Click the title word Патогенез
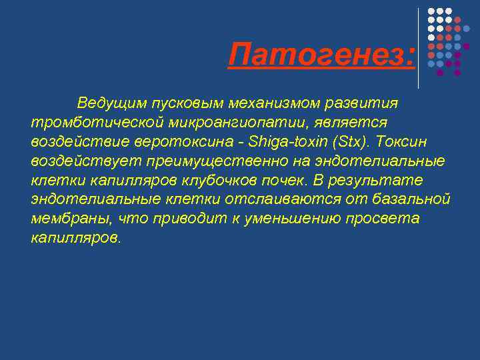tap(320, 55)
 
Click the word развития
tap(365, 104)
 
